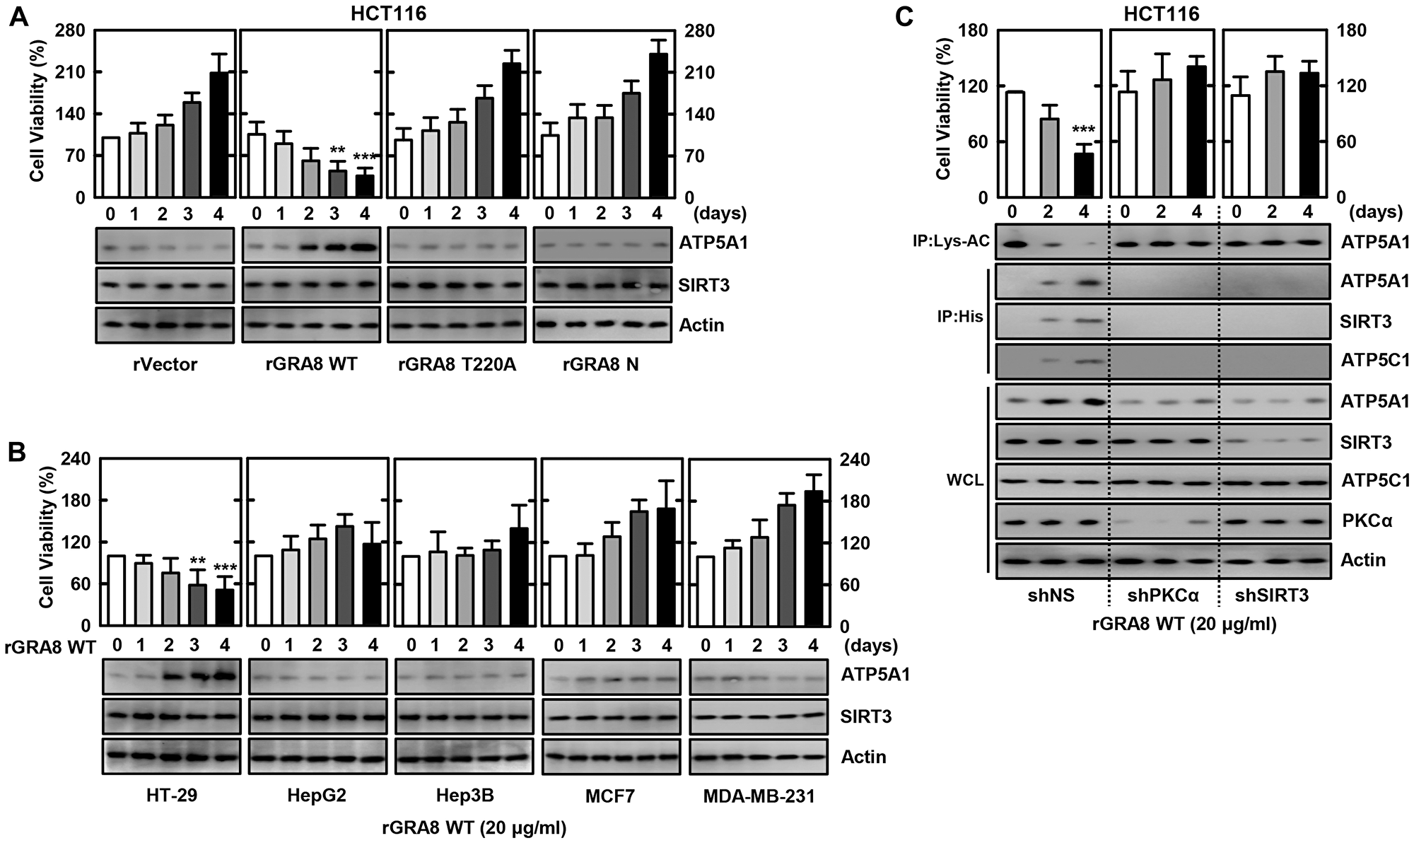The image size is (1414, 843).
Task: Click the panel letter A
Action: click(x=19, y=16)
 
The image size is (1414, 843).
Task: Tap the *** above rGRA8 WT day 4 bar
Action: click(x=365, y=158)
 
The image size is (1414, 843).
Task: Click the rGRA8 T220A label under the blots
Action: click(x=456, y=365)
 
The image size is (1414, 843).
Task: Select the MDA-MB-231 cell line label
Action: click(x=759, y=796)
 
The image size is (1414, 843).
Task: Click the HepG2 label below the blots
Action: click(x=317, y=796)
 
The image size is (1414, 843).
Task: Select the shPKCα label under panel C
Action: click(x=1163, y=595)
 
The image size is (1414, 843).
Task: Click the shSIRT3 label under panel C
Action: click(x=1272, y=595)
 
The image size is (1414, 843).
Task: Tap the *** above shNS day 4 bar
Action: click(x=1083, y=130)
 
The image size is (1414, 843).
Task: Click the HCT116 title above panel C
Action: click(x=1161, y=13)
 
